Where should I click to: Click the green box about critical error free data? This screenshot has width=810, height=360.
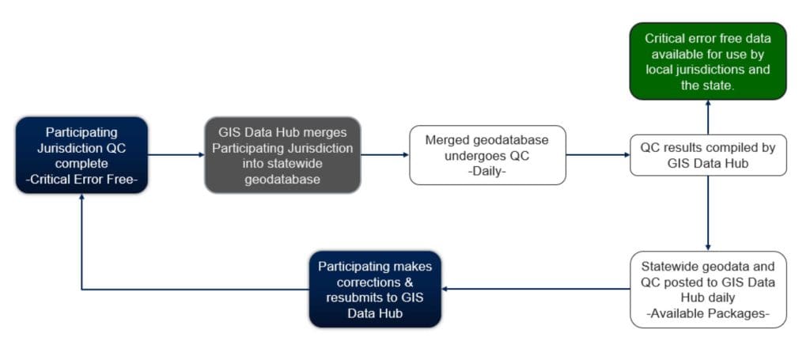[707, 61]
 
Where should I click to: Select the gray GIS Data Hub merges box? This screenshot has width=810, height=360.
[282, 154]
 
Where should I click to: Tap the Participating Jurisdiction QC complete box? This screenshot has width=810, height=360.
[81, 154]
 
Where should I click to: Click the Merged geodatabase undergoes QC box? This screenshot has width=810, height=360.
[487, 154]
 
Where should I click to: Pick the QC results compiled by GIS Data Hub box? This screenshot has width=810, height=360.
[707, 154]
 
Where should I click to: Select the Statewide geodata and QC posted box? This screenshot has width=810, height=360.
[707, 289]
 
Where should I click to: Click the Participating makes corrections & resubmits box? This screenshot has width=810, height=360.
[375, 289]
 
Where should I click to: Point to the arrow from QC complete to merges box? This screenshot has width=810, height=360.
[176, 154]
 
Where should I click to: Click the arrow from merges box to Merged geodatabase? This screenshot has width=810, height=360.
[384, 154]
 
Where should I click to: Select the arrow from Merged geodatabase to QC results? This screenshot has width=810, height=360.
[597, 154]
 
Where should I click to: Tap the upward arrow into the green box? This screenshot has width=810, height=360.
[707, 117]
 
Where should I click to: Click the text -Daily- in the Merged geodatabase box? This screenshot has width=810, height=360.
[487, 169]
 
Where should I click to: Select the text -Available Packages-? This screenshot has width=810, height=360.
[707, 313]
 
